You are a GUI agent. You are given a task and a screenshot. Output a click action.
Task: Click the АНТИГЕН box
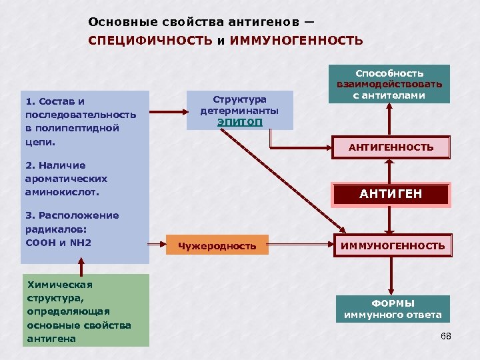[391, 194]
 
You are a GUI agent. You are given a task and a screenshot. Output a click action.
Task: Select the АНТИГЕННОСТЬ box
[391, 147]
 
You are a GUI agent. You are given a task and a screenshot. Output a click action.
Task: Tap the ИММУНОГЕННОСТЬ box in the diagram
[392, 246]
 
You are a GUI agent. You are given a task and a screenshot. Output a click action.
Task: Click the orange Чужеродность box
[217, 246]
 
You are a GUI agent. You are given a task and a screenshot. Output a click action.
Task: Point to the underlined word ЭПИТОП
[239, 123]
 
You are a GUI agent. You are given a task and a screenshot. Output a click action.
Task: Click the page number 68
[446, 335]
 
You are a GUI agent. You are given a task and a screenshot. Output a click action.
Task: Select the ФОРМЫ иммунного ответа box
[392, 309]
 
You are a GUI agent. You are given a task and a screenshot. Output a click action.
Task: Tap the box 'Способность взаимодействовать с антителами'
[389, 84]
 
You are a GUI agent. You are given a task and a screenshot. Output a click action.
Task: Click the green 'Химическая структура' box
[85, 311]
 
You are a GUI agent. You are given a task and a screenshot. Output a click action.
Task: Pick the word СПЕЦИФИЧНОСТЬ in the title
[151, 41]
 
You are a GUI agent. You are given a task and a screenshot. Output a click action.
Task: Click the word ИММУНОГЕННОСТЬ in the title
[296, 41]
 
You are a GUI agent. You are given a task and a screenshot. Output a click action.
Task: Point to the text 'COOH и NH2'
[58, 242]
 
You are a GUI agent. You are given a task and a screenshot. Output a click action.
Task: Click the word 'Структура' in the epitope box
[239, 100]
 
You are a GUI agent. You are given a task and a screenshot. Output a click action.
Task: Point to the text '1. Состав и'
[55, 101]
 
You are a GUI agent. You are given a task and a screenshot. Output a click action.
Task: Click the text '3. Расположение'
[72, 215]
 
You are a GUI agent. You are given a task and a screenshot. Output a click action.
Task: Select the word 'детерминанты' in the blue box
[239, 111]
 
